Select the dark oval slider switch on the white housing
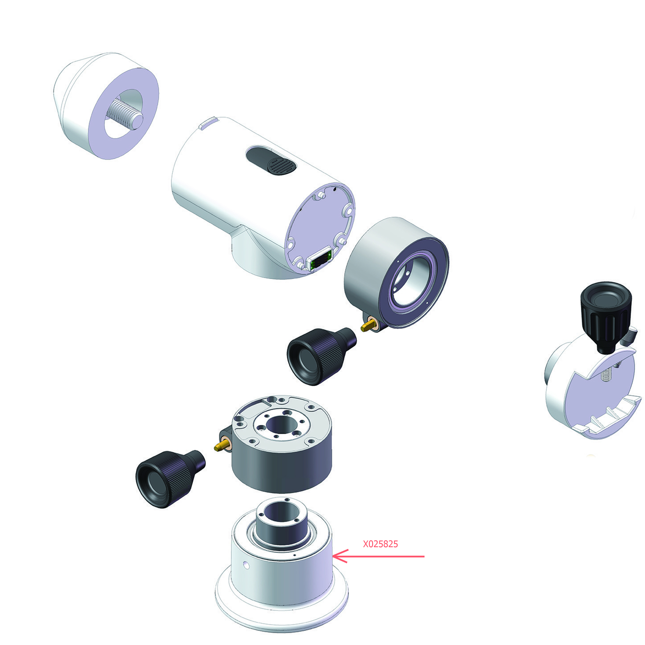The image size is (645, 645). pyautogui.click(x=271, y=161)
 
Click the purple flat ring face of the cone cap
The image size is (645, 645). pyautogui.click(x=124, y=114)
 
